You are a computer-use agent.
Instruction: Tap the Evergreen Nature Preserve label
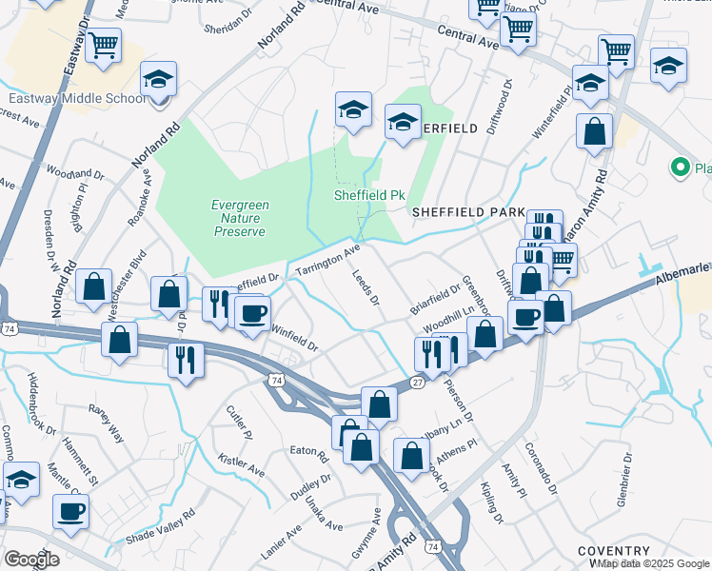(239, 217)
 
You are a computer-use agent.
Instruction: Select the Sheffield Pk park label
(368, 195)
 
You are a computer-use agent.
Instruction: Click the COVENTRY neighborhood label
(614, 551)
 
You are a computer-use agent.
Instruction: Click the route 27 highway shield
(418, 381)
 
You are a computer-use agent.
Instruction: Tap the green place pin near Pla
(680, 168)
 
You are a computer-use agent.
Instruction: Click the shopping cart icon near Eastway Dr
(103, 43)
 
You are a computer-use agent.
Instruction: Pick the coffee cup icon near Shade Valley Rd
(70, 511)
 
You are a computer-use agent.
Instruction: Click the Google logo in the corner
(31, 559)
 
